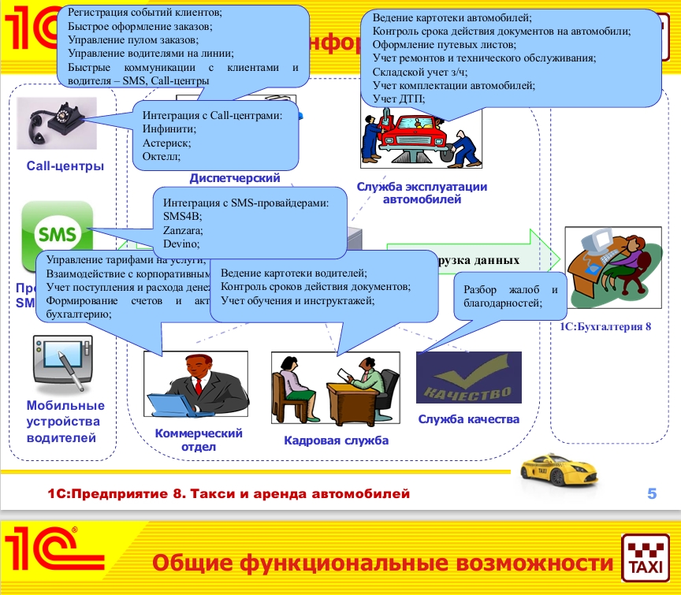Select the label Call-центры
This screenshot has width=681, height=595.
click(x=65, y=165)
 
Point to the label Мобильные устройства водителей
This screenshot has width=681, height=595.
click(x=65, y=422)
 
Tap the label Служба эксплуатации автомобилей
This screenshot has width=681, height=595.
click(x=422, y=193)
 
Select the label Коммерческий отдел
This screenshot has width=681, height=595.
click(x=199, y=440)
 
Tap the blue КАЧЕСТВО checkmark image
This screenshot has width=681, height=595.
click(x=468, y=378)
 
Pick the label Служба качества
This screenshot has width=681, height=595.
click(x=468, y=419)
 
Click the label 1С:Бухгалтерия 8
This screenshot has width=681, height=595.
click(x=605, y=325)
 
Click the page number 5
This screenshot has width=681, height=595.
click(x=651, y=494)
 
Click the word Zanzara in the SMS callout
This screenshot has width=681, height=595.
click(x=183, y=231)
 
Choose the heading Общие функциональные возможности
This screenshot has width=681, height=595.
click(x=381, y=563)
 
